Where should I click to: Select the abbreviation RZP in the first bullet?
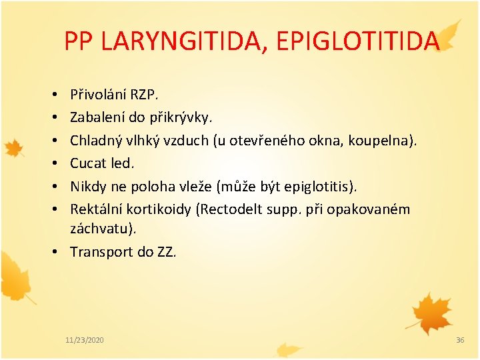pyautogui.click(x=143, y=95)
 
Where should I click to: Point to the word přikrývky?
pyautogui.click(x=181, y=118)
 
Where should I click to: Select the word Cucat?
pyautogui.click(x=87, y=163)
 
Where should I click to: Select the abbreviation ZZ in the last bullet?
pyautogui.click(x=165, y=251)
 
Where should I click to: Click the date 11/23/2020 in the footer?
pyautogui.click(x=85, y=340)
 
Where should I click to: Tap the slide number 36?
pyautogui.click(x=459, y=340)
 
